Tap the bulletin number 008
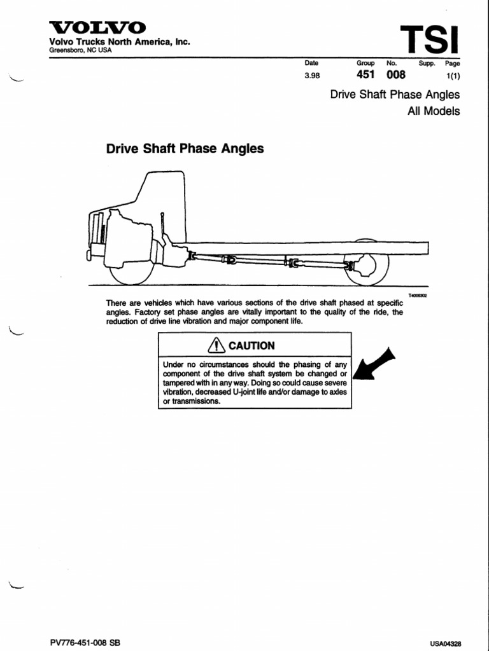395,75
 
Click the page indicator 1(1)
453,76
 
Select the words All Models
433,111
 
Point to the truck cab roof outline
162,175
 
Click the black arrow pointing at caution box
374,366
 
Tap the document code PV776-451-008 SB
84,643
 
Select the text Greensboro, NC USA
80,50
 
